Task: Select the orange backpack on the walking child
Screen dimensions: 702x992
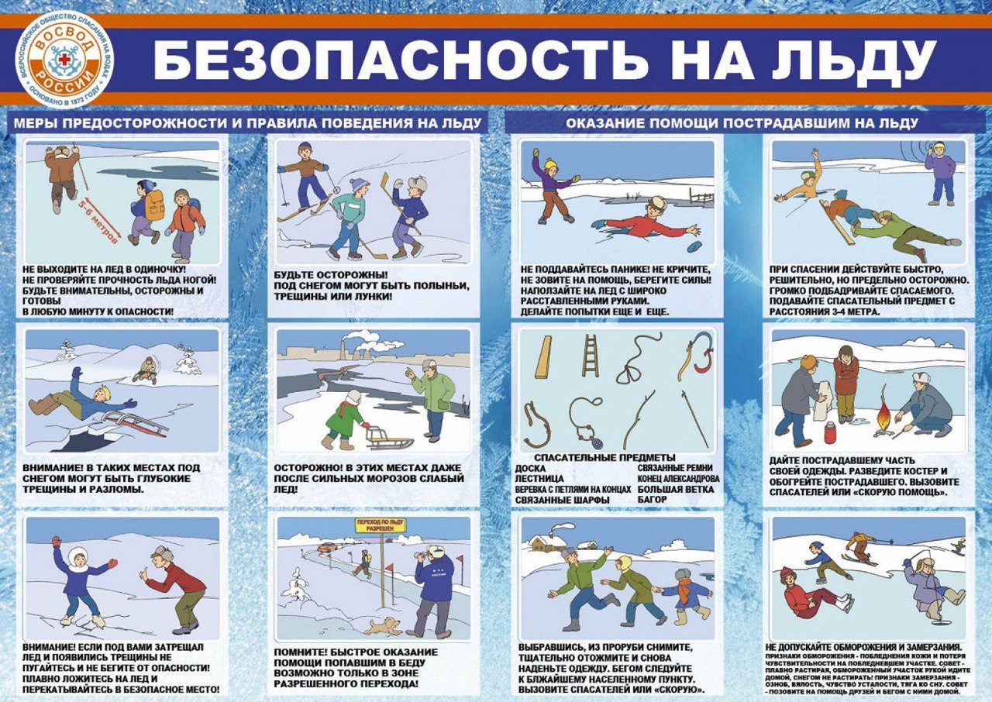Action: [x=155, y=205]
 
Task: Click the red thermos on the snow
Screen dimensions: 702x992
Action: [x=830, y=432]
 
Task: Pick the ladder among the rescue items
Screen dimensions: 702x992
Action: [x=591, y=356]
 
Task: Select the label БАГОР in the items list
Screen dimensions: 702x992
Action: [x=653, y=500]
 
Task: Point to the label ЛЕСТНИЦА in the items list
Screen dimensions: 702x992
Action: [x=539, y=479]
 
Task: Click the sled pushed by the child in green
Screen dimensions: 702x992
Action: [x=387, y=439]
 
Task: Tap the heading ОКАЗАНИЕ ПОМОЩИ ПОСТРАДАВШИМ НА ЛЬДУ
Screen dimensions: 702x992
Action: [x=742, y=123]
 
